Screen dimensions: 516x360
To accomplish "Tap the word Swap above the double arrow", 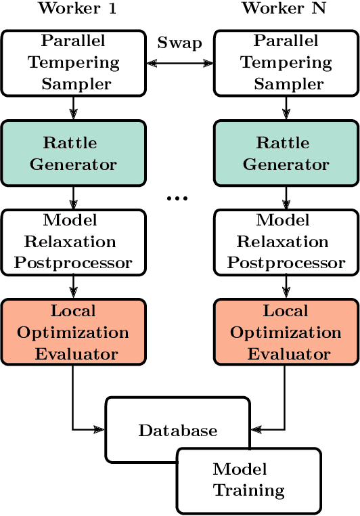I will (x=179, y=43).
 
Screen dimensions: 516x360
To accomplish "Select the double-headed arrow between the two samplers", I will (x=179, y=63).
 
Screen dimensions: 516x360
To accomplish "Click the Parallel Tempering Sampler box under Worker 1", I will (x=73, y=62).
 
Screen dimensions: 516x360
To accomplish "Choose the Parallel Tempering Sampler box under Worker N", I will (x=286, y=62).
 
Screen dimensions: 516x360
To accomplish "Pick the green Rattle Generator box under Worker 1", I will (x=73, y=154).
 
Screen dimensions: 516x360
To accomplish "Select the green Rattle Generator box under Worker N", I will (x=286, y=154).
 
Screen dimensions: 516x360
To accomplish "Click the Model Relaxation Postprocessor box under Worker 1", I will (x=73, y=242).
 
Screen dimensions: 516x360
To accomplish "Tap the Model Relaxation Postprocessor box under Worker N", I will (x=286, y=242).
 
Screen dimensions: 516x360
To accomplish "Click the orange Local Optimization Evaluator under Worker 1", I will (x=73, y=332).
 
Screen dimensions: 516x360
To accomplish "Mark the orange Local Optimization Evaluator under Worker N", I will (x=286, y=332).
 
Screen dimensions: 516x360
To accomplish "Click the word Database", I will (x=178, y=431).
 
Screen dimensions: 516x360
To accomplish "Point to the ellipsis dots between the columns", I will (x=177, y=198).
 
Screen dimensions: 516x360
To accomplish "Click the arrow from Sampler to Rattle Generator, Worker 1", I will (x=73, y=108).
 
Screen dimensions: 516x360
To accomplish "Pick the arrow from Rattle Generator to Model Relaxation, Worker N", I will (x=286, y=198).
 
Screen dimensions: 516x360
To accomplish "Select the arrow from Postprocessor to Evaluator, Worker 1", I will (x=73, y=287).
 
